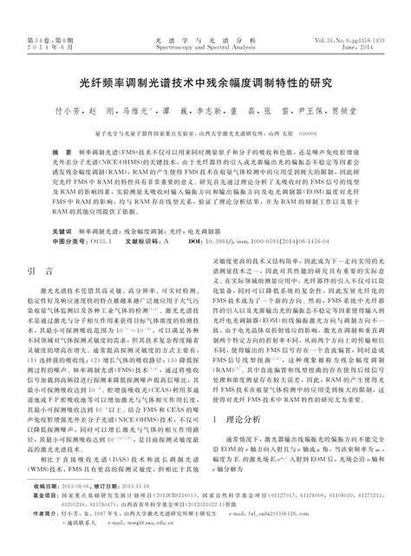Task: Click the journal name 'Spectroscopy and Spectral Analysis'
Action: coord(205,49)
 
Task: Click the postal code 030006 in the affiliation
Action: coord(310,133)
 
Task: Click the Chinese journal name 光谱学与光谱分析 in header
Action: coord(205,40)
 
